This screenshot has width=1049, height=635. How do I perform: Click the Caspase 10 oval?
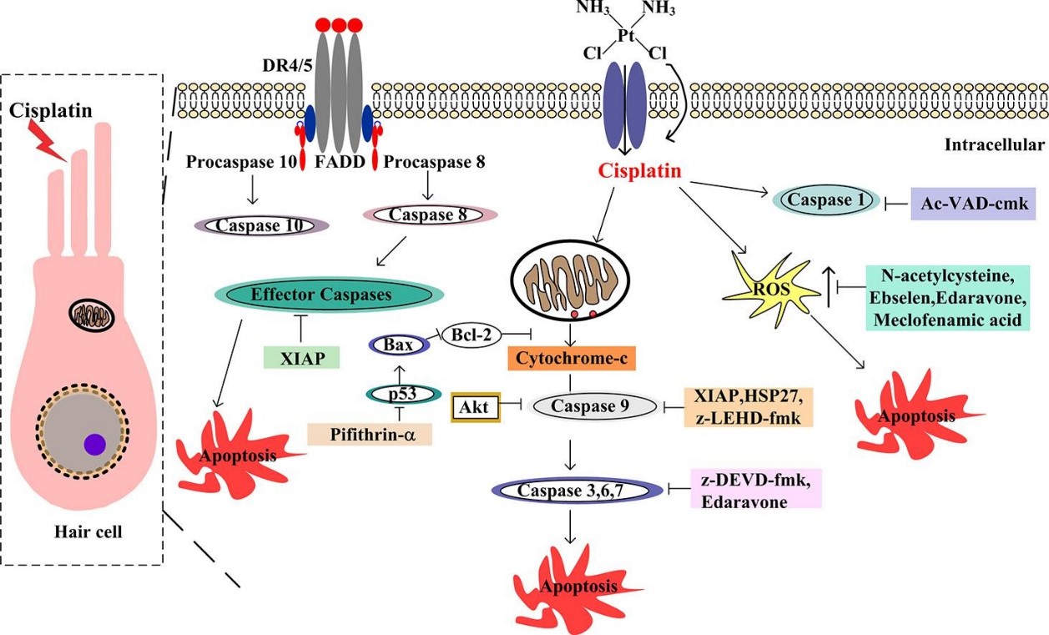tap(260, 225)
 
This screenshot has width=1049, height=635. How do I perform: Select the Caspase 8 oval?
tap(431, 214)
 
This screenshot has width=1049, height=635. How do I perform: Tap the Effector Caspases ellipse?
tap(329, 295)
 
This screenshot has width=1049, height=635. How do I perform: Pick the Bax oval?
tap(399, 344)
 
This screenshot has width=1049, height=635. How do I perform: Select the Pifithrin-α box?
tap(369, 433)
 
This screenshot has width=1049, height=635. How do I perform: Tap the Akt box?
tap(475, 406)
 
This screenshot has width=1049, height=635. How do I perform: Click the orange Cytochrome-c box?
tap(572, 358)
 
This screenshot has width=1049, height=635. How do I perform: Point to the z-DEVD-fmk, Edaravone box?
tap(756, 488)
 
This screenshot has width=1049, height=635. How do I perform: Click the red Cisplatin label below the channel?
tap(639, 171)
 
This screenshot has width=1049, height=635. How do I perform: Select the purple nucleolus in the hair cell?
tap(94, 444)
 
